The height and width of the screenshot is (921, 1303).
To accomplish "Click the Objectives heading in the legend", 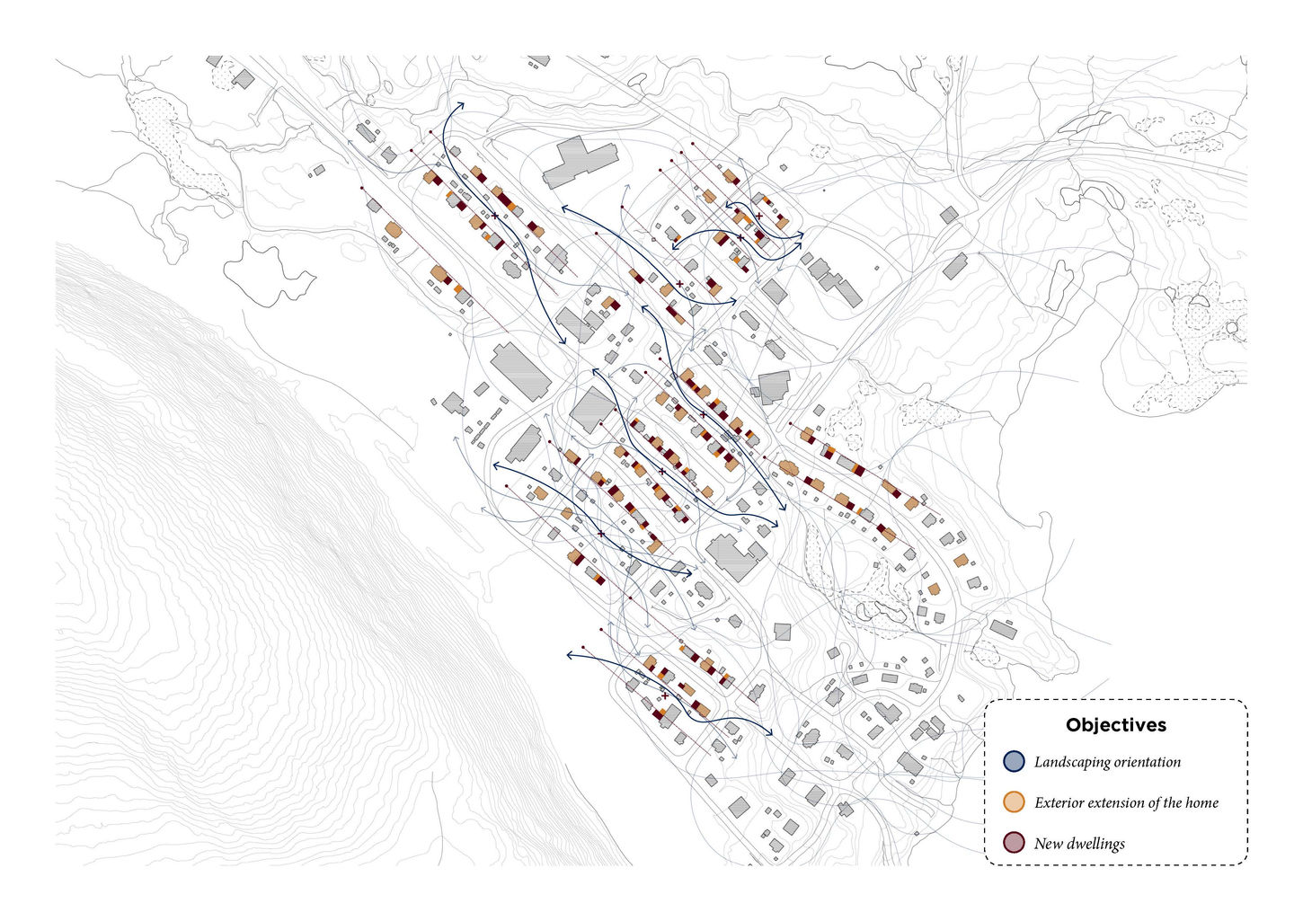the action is [x=1116, y=725].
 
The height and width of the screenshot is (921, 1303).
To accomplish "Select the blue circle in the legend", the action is [x=1014, y=762].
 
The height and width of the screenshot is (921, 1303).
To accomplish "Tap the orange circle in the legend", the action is [x=1014, y=802].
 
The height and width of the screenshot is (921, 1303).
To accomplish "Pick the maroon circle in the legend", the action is [x=1014, y=843].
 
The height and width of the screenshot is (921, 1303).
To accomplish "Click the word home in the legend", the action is [x=1201, y=802].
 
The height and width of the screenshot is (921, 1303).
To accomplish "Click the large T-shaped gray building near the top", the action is [x=580, y=161].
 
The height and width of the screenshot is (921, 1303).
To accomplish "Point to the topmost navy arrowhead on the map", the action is [x=462, y=106].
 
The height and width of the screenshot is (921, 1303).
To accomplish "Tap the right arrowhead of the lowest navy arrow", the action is [x=770, y=735].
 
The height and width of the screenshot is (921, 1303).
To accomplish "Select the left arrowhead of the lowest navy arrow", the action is [x=569, y=655].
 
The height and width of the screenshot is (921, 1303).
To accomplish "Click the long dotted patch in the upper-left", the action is [x=171, y=144].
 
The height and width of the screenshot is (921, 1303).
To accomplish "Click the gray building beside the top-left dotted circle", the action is [x=243, y=79].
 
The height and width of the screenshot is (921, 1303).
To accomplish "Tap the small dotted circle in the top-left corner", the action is [x=221, y=74].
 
